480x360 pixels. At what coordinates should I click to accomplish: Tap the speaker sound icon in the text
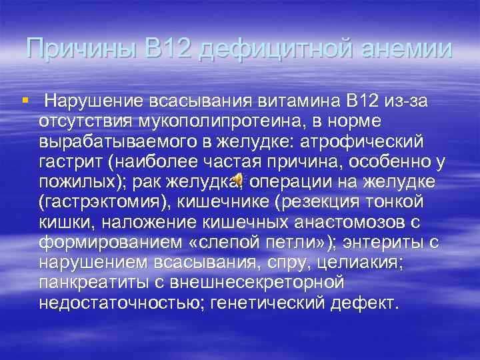coord(239,180)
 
